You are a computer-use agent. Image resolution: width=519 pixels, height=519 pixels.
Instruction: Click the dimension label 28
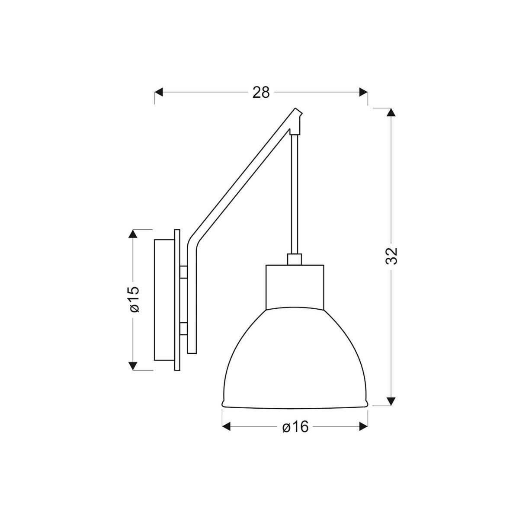[x=261, y=92]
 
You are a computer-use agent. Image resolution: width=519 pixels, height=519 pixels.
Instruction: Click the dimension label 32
[x=391, y=256]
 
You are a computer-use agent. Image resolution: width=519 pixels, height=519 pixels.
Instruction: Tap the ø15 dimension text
[x=134, y=299]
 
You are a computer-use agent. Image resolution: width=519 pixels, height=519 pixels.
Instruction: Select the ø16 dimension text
[x=295, y=427]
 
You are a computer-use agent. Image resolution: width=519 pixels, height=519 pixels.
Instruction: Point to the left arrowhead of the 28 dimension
[x=159, y=92]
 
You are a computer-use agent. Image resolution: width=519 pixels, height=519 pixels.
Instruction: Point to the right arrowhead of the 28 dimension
[x=364, y=92]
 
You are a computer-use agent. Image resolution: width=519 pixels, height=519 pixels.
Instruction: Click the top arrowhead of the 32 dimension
[x=391, y=112]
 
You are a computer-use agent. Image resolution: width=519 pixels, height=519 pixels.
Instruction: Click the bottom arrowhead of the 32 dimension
[x=391, y=401]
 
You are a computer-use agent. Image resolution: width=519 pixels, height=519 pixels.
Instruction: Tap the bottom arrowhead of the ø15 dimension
[x=134, y=366]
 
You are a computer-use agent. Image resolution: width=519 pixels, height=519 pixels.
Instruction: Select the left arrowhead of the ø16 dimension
[x=226, y=427]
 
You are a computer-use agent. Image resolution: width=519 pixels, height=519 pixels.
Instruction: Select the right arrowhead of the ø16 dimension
[x=364, y=427]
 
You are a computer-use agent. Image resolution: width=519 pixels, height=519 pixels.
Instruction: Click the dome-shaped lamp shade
[x=295, y=359]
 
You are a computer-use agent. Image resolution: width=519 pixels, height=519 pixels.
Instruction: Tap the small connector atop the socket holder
[x=295, y=259]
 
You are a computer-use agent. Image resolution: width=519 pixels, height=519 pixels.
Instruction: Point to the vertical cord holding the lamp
[x=295, y=195]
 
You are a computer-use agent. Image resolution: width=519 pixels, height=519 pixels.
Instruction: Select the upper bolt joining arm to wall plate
[x=183, y=272]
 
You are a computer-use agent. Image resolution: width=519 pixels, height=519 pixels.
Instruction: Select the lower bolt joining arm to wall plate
[x=183, y=328]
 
